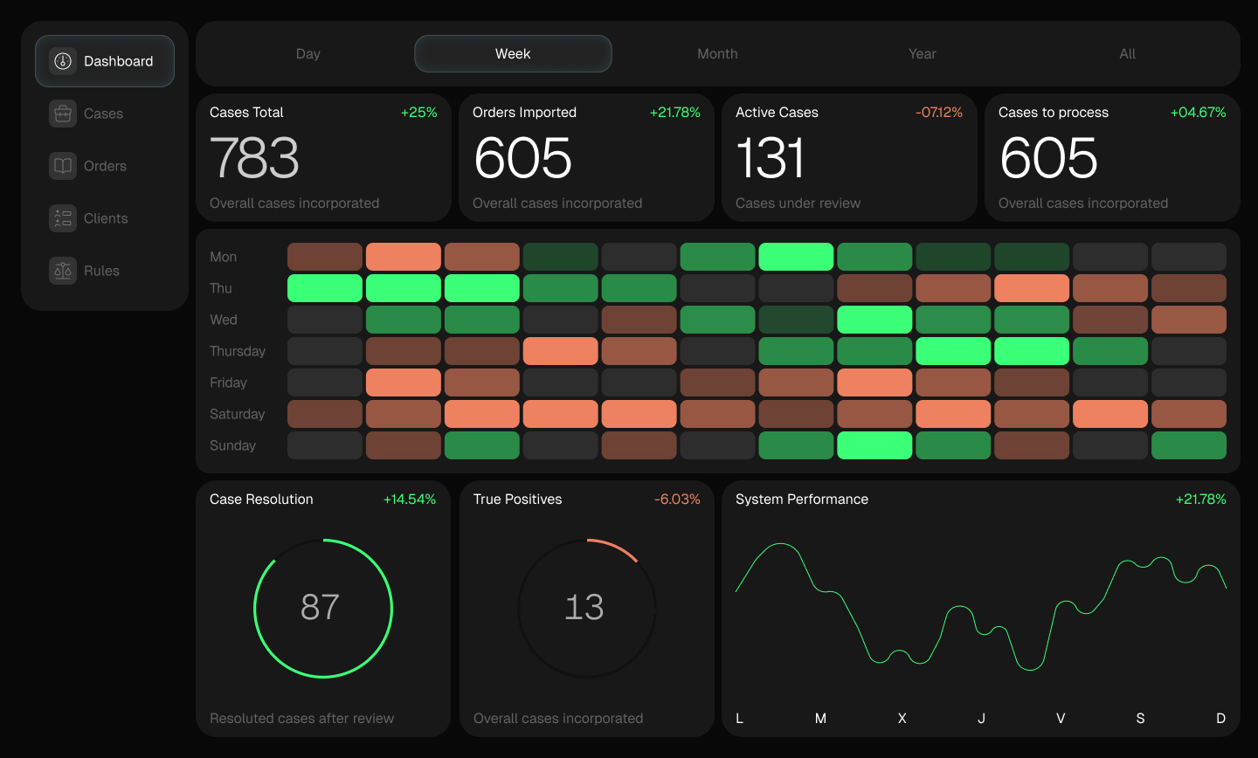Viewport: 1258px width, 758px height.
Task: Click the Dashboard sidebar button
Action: pyautogui.click(x=105, y=61)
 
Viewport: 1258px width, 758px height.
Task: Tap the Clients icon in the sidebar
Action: pyautogui.click(x=63, y=218)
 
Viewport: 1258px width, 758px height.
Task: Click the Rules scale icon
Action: pyautogui.click(x=63, y=271)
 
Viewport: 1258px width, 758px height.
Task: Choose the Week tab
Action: pyautogui.click(x=513, y=54)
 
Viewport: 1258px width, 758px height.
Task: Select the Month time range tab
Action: pyautogui.click(x=717, y=54)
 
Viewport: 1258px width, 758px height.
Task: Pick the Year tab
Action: pyautogui.click(x=922, y=54)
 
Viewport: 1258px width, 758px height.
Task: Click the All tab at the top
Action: pyautogui.click(x=1127, y=54)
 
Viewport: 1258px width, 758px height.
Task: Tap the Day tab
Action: pyautogui.click(x=308, y=54)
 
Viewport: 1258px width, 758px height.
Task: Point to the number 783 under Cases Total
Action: pyautogui.click(x=254, y=158)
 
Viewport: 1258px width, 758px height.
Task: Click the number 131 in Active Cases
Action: pyautogui.click(x=770, y=158)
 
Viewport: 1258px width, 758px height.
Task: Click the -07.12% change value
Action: pyautogui.click(x=938, y=113)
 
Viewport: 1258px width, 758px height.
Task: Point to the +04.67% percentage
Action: pyautogui.click(x=1198, y=113)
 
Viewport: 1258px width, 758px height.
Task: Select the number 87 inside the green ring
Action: pyautogui.click(x=320, y=607)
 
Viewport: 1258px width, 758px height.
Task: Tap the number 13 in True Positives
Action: pyautogui.click(x=584, y=607)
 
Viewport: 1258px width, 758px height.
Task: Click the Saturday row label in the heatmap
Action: pyautogui.click(x=237, y=414)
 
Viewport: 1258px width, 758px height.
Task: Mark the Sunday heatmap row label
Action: pyautogui.click(x=232, y=445)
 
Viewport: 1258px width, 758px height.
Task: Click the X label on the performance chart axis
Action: pyautogui.click(x=902, y=719)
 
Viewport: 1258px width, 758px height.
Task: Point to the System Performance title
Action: pyautogui.click(x=801, y=500)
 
